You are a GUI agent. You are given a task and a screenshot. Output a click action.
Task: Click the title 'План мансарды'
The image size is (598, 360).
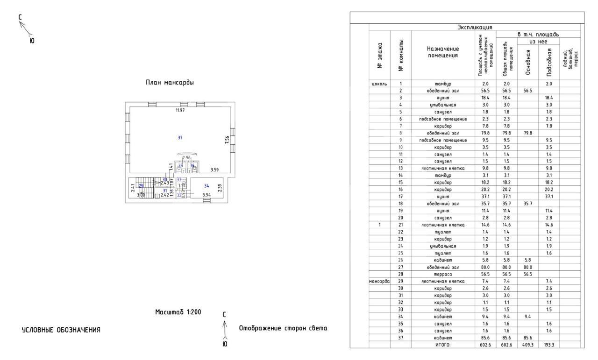point(171,83)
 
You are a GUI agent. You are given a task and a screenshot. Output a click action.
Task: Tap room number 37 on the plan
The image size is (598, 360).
point(180,137)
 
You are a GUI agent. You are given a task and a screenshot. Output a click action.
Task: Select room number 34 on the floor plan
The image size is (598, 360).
point(206,186)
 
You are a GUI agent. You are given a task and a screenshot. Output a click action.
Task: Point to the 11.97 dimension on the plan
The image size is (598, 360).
point(180,111)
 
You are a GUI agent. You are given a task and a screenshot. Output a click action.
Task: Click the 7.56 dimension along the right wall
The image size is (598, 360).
point(227,140)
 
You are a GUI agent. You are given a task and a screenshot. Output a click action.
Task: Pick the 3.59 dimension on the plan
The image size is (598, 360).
point(215,169)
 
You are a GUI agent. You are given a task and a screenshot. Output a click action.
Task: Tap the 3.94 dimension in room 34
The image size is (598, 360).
point(206,195)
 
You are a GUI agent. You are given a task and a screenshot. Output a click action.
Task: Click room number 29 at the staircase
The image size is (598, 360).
point(141,185)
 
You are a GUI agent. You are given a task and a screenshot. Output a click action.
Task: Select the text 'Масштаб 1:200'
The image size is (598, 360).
point(178,311)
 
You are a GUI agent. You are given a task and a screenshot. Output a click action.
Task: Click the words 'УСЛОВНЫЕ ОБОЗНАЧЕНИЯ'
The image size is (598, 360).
point(61,330)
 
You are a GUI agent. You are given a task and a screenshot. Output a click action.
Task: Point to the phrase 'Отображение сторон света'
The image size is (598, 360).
point(283,328)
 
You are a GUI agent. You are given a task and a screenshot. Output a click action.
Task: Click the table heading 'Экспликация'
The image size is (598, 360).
point(473,28)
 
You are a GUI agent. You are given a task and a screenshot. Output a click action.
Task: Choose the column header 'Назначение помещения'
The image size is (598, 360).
point(443,52)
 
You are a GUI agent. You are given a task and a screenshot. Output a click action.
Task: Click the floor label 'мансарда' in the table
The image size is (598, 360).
point(379,281)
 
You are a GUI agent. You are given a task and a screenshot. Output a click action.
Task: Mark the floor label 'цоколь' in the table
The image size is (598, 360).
point(379,84)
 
